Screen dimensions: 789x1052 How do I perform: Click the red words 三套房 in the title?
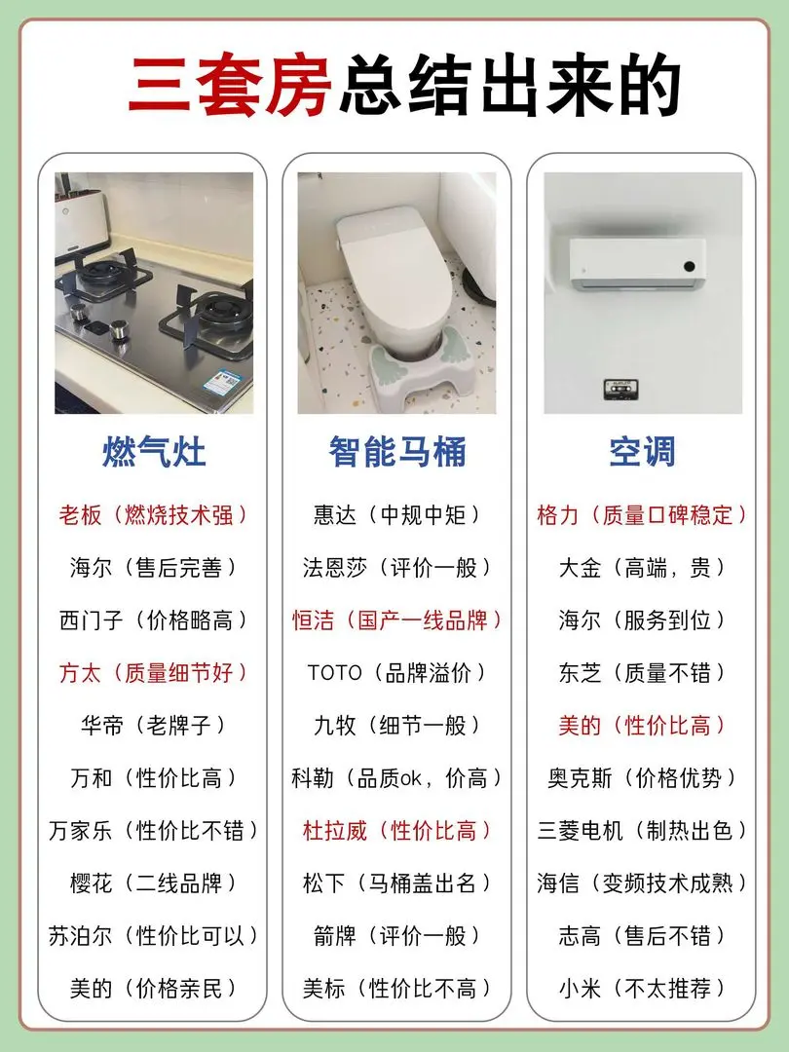coord(230,85)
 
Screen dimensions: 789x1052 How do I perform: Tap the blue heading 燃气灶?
coord(154,452)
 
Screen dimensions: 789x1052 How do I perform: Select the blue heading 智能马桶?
coord(397,452)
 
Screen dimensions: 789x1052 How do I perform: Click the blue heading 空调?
coord(642,452)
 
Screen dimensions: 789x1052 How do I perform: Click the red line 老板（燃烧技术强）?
coord(154,514)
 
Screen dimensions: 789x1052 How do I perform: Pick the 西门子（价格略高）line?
coord(154,620)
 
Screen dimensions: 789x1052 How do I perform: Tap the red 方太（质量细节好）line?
coord(154,672)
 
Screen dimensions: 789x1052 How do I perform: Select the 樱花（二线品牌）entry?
coord(154,883)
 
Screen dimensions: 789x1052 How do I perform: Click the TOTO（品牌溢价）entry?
coord(397,672)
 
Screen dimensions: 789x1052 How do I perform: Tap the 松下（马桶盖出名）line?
coord(397,883)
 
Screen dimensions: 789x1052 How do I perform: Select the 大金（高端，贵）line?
coord(642,568)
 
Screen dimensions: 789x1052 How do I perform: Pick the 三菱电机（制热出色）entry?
coord(642,830)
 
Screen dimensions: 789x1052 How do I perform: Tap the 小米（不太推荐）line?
coord(642,988)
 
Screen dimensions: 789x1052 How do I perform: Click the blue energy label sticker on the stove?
coord(222,382)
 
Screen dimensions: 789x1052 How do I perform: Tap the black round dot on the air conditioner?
coord(689,266)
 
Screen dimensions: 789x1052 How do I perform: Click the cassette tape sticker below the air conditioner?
coord(620,388)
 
